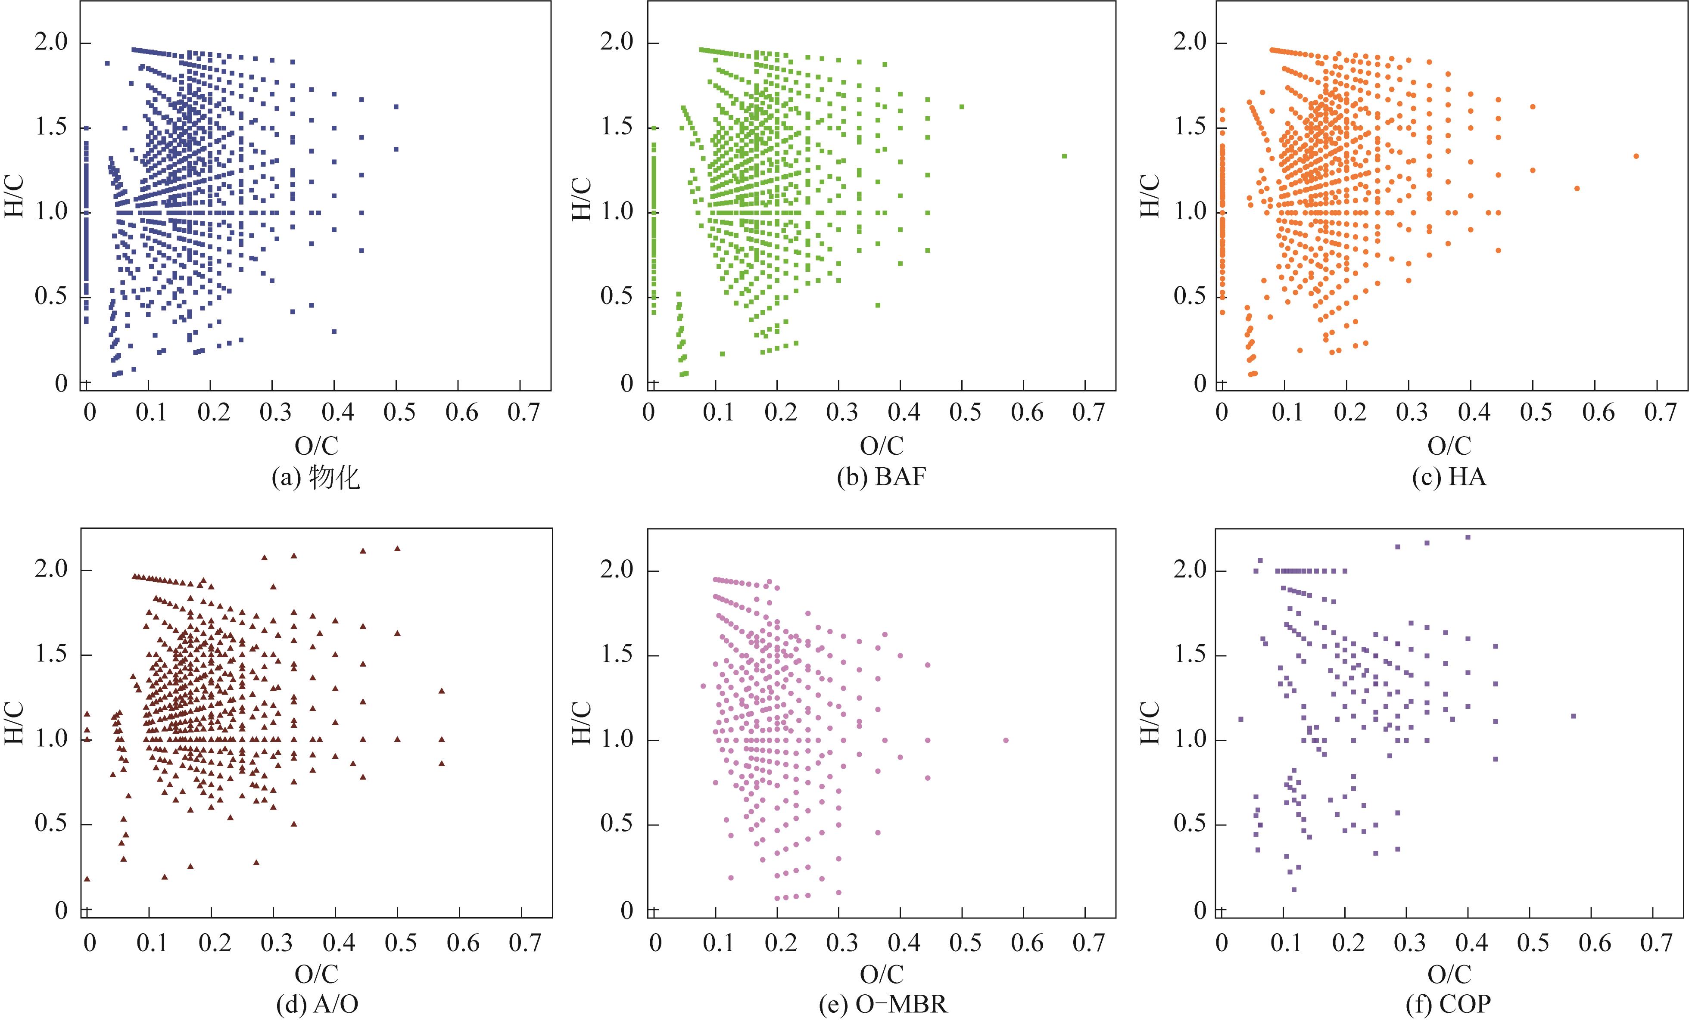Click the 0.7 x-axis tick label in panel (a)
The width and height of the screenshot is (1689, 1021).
523,413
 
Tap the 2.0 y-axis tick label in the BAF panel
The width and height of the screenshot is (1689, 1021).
617,43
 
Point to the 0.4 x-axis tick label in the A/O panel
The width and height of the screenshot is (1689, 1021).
339,943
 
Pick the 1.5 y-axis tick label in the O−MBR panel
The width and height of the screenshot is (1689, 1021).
617,655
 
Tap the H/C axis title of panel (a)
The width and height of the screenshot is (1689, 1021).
15,196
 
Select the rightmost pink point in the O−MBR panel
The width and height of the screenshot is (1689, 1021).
1006,740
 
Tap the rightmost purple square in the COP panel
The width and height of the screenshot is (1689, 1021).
1573,716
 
